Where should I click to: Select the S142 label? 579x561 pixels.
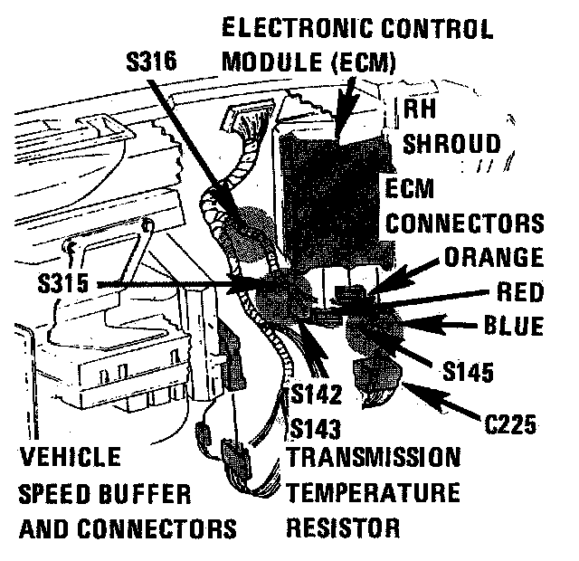click(317, 395)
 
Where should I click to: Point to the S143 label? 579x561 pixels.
click(317, 424)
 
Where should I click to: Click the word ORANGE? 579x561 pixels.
click(494, 257)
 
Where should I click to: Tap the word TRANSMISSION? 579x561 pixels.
click(374, 456)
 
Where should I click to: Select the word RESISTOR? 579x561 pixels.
click(343, 525)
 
